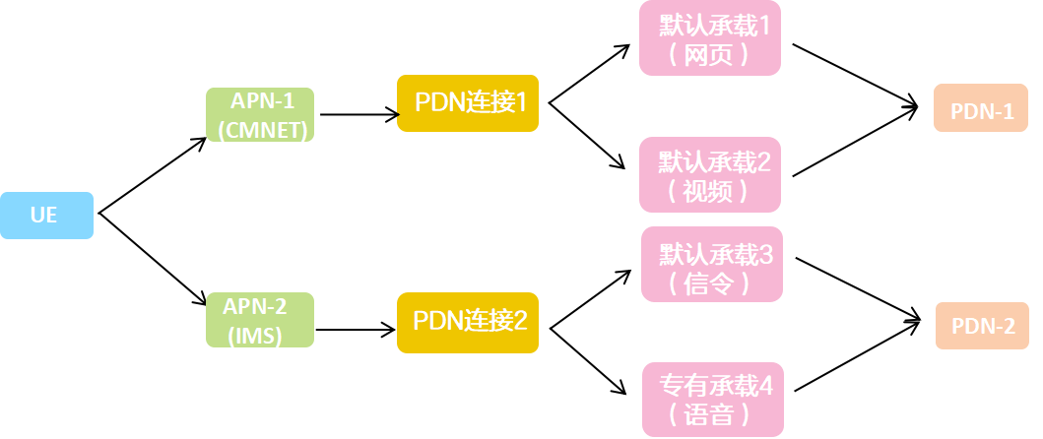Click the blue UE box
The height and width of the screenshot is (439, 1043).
point(46,216)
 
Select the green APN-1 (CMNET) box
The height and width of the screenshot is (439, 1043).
point(260,114)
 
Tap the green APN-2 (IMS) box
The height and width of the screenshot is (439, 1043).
point(260,320)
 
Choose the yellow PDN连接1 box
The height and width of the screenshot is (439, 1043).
point(468,102)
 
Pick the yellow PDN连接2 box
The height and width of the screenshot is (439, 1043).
point(468,321)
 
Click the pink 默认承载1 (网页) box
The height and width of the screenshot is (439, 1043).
point(710,38)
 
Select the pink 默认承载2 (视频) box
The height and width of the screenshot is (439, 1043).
point(710,175)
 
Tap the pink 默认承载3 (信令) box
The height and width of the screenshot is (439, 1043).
point(712,264)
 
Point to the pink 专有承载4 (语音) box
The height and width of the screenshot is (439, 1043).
point(713,400)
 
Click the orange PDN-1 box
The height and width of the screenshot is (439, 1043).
point(981,110)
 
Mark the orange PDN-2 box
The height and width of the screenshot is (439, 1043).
point(981,326)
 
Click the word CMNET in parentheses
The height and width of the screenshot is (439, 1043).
point(263,129)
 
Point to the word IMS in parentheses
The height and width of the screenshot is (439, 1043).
point(255,335)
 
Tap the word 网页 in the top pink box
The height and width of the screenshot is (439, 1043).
point(709,54)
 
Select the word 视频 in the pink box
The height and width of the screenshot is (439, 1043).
point(709,191)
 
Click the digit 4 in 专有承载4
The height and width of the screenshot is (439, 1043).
point(766,385)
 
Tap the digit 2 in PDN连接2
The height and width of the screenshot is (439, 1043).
point(519,321)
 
